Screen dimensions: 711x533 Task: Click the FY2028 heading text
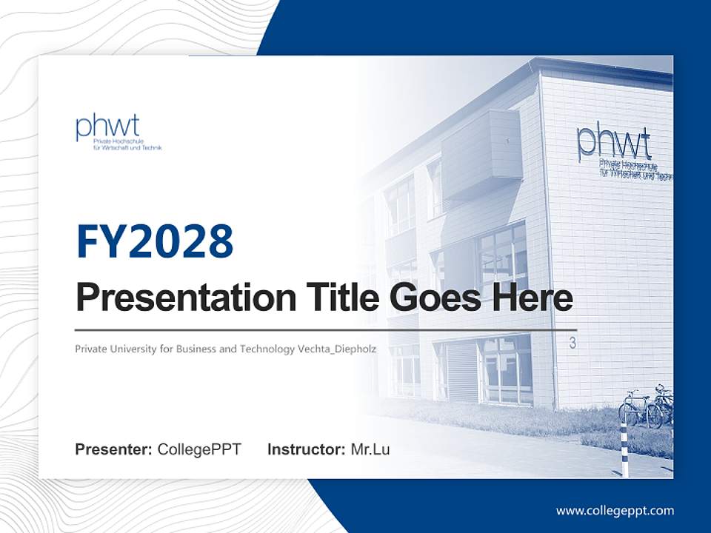[155, 241]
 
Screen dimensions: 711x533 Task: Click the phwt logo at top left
[118, 133]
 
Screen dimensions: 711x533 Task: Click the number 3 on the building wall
[573, 343]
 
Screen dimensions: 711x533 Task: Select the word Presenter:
[113, 449]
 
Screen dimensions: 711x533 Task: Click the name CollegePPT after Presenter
[199, 449]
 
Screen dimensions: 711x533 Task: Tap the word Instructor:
[306, 449]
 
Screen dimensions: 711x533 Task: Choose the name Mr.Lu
[370, 449]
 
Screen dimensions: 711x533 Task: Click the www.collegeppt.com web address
[615, 511]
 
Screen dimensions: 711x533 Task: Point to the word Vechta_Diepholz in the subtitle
[337, 349]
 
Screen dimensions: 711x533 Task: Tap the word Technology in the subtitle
[267, 349]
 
